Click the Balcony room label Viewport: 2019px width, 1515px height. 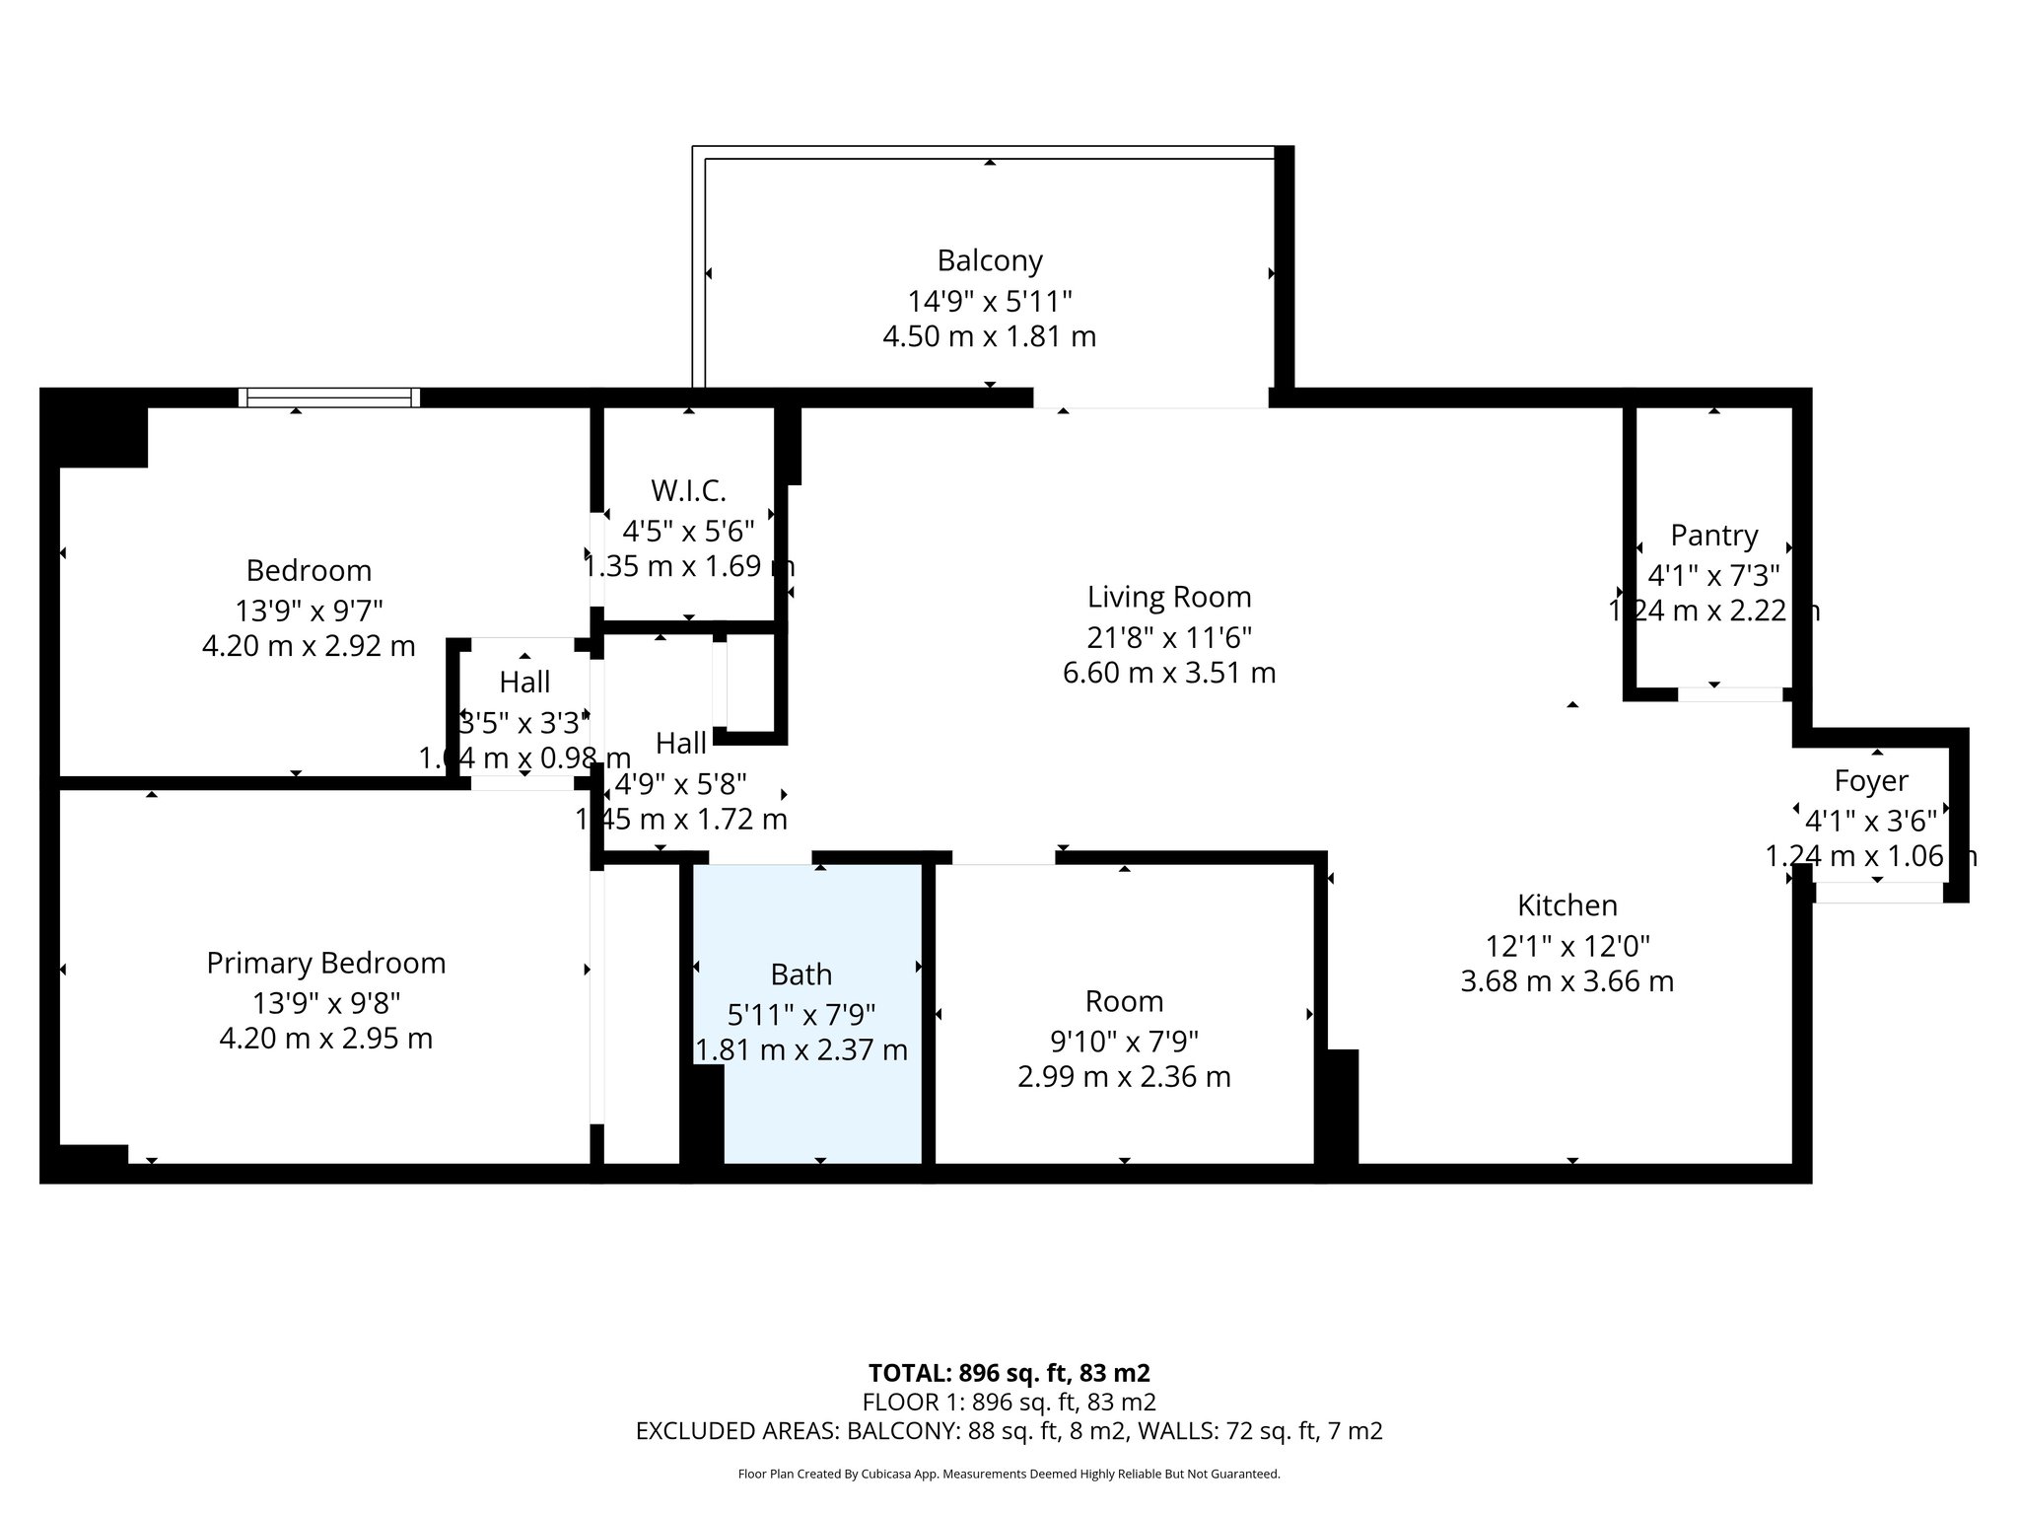tap(989, 260)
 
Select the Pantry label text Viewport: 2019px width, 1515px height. tap(1713, 536)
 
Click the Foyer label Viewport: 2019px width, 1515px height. tap(1870, 781)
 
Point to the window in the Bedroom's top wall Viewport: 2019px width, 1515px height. tap(329, 397)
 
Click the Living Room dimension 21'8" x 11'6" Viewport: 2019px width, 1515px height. tap(1169, 637)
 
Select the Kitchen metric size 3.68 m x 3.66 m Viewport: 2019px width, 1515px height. tap(1566, 981)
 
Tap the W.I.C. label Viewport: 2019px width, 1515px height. tap(688, 489)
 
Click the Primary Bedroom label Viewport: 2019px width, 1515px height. tap(325, 963)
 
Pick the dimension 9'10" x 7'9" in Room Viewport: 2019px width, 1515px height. tap(1124, 1040)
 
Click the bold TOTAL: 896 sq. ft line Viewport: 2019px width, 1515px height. tap(1009, 1373)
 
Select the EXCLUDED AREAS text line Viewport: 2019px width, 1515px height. tap(1009, 1430)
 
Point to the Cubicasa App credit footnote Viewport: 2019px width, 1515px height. tap(1009, 1474)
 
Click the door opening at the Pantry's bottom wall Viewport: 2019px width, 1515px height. tap(1730, 694)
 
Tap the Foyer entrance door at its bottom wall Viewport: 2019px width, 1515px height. tap(1878, 893)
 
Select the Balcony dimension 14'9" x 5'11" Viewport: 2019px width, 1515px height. tap(989, 300)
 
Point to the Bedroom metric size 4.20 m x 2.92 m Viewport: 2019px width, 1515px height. tap(309, 647)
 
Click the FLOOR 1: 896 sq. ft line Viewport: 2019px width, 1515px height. tap(1009, 1402)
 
